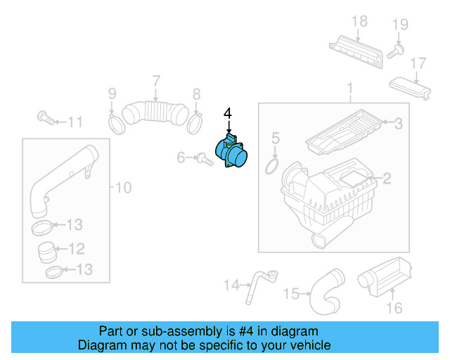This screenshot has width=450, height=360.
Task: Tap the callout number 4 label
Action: (x=227, y=113)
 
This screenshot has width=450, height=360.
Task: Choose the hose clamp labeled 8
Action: (x=195, y=124)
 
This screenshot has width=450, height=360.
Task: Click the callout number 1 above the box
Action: (x=349, y=89)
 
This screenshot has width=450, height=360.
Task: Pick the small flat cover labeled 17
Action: (x=412, y=89)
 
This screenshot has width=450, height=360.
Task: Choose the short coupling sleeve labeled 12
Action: (x=47, y=249)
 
